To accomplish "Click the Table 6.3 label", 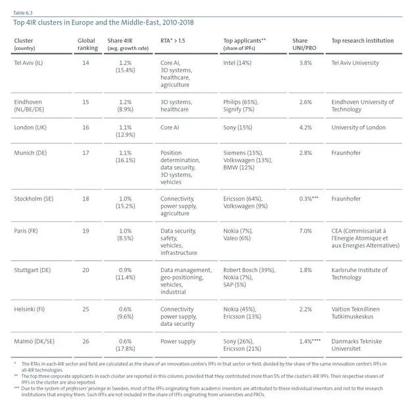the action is [23, 13].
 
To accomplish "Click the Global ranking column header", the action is [87, 44].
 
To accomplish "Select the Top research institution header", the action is [363, 41].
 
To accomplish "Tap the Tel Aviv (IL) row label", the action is [28, 63].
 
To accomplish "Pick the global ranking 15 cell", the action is [85, 102].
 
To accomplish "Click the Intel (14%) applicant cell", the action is [237, 63].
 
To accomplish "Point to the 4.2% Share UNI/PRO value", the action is [306, 127].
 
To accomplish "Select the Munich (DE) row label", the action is [30, 153].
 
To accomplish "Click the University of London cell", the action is [358, 127].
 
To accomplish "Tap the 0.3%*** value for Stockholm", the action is [309, 198].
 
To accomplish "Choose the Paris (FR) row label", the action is [26, 231].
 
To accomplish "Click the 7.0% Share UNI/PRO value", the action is [306, 231].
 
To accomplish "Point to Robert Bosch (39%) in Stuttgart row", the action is [249, 270].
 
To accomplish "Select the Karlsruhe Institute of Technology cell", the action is [359, 274].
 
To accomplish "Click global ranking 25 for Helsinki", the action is [85, 309].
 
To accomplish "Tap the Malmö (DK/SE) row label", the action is [34, 342].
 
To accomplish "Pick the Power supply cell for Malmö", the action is [178, 342].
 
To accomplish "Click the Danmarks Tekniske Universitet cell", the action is [356, 345].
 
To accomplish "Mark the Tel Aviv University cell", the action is [355, 63].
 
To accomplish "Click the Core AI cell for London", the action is [170, 127].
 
